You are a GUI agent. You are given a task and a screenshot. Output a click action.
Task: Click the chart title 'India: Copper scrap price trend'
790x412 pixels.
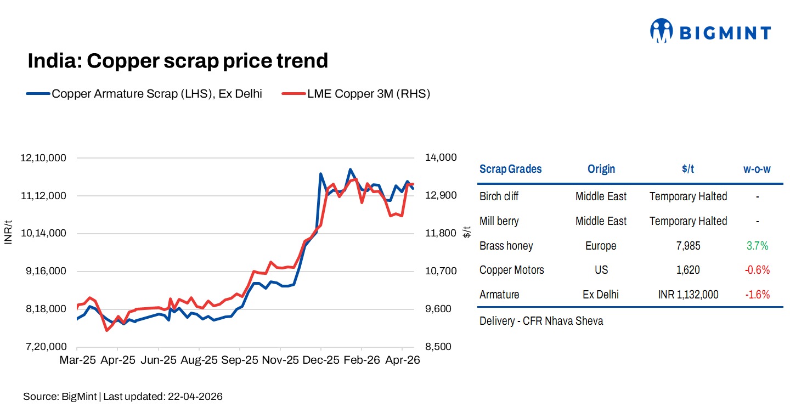pyautogui.click(x=178, y=61)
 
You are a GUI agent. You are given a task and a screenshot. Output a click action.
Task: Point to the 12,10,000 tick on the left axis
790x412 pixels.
pyautogui.click(x=43, y=158)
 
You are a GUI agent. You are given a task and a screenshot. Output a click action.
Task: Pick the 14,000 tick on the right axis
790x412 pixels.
pyautogui.click(x=441, y=158)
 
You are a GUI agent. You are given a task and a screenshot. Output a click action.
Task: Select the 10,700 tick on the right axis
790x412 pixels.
pyautogui.click(x=441, y=272)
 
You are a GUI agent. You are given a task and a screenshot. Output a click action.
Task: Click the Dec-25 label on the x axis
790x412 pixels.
pyautogui.click(x=321, y=360)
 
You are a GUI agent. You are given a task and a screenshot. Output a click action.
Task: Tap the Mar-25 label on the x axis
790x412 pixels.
pyautogui.click(x=77, y=360)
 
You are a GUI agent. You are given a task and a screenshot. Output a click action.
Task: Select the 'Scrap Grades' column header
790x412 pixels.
pyautogui.click(x=510, y=169)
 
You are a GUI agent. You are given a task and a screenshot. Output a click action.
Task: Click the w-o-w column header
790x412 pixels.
pyautogui.click(x=757, y=169)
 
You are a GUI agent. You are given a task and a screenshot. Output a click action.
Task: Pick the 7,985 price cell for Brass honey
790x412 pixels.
pyautogui.click(x=688, y=246)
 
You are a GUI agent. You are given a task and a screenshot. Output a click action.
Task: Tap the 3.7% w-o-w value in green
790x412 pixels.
pyautogui.click(x=757, y=246)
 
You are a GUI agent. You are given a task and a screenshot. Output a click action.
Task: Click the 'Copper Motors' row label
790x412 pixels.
pyautogui.click(x=511, y=270)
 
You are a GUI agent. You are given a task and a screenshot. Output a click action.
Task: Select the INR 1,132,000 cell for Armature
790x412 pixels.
pyautogui.click(x=688, y=295)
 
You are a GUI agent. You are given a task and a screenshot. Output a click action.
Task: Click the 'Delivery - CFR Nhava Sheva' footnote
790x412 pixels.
pyautogui.click(x=541, y=321)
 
